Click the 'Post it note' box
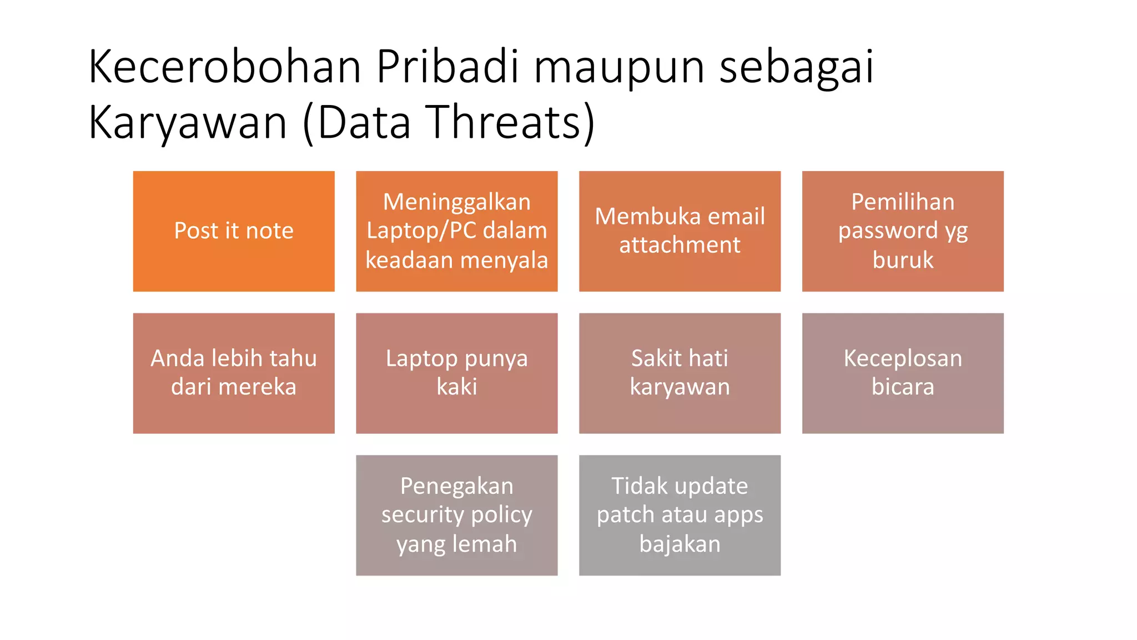234,231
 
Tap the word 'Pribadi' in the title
447,67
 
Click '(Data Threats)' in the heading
449,122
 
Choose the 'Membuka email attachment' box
680,231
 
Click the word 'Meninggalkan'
456,202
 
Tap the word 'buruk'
903,260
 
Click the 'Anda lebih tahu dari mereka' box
234,373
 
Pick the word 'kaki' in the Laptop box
456,387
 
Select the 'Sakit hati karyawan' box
680,373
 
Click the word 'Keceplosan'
903,358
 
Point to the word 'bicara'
903,387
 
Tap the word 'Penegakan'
456,486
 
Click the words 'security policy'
456,515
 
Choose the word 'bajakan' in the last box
680,544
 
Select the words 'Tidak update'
680,486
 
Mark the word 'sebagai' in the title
797,67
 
